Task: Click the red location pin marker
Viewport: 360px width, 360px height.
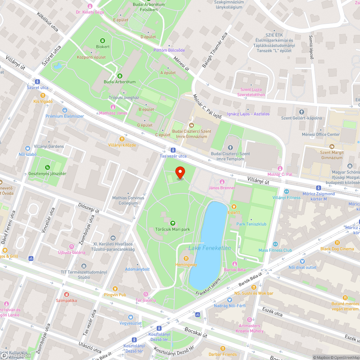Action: coord(180,173)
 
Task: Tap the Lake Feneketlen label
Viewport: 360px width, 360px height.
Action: coord(210,248)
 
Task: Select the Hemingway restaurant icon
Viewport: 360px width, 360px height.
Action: coord(186,258)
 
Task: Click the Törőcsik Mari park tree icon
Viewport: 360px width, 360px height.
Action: coord(172,223)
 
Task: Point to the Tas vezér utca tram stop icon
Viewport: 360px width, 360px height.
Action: coord(173,150)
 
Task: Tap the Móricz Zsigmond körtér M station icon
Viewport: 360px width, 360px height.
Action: coord(319,188)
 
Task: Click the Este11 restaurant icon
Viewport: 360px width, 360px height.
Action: coord(234,206)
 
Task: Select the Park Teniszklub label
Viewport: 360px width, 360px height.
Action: coord(251,224)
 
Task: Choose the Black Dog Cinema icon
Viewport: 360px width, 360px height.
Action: coord(337,243)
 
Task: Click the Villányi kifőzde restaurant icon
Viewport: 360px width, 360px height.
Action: coord(122,139)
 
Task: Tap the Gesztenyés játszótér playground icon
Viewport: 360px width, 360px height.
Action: coord(48,167)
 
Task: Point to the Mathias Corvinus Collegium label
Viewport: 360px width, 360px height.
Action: coord(128,200)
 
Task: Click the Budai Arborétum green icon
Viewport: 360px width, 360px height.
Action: coord(120,76)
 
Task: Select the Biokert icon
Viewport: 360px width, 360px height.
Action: coord(103,40)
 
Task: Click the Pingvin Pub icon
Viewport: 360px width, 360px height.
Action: coord(115,288)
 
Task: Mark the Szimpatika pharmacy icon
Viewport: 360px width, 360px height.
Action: coord(66,294)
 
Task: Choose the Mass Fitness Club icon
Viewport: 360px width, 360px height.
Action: coord(275,244)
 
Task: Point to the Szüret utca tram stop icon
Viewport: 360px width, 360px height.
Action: coord(37,81)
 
